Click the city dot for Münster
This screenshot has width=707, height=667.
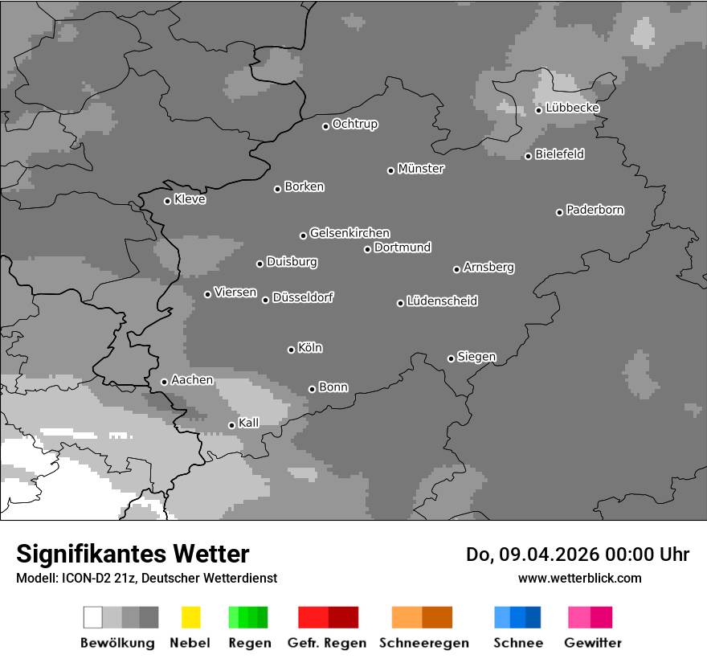click(390, 170)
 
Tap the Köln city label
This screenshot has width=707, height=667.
click(310, 348)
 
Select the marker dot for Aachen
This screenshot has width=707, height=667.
click(164, 382)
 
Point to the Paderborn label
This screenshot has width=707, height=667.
click(595, 210)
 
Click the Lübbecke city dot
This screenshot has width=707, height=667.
click(538, 110)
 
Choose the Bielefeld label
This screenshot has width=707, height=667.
click(559, 154)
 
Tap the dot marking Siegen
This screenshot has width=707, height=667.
click(451, 358)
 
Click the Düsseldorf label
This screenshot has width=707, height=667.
click(303, 297)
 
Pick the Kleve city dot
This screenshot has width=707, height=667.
click(167, 201)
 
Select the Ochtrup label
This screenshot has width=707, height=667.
click(354, 125)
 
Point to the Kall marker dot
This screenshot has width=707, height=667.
click(231, 425)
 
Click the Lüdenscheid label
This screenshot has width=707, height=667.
click(442, 301)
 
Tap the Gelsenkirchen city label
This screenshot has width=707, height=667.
click(349, 233)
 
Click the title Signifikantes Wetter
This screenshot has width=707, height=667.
click(133, 554)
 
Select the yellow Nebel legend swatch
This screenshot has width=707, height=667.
click(190, 617)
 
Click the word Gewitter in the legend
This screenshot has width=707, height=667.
click(593, 643)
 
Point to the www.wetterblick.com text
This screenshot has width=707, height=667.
click(579, 578)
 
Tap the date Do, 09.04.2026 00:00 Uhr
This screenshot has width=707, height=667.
click(578, 554)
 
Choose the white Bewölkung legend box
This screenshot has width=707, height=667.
click(92, 617)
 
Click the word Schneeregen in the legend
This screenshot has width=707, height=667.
click(424, 643)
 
